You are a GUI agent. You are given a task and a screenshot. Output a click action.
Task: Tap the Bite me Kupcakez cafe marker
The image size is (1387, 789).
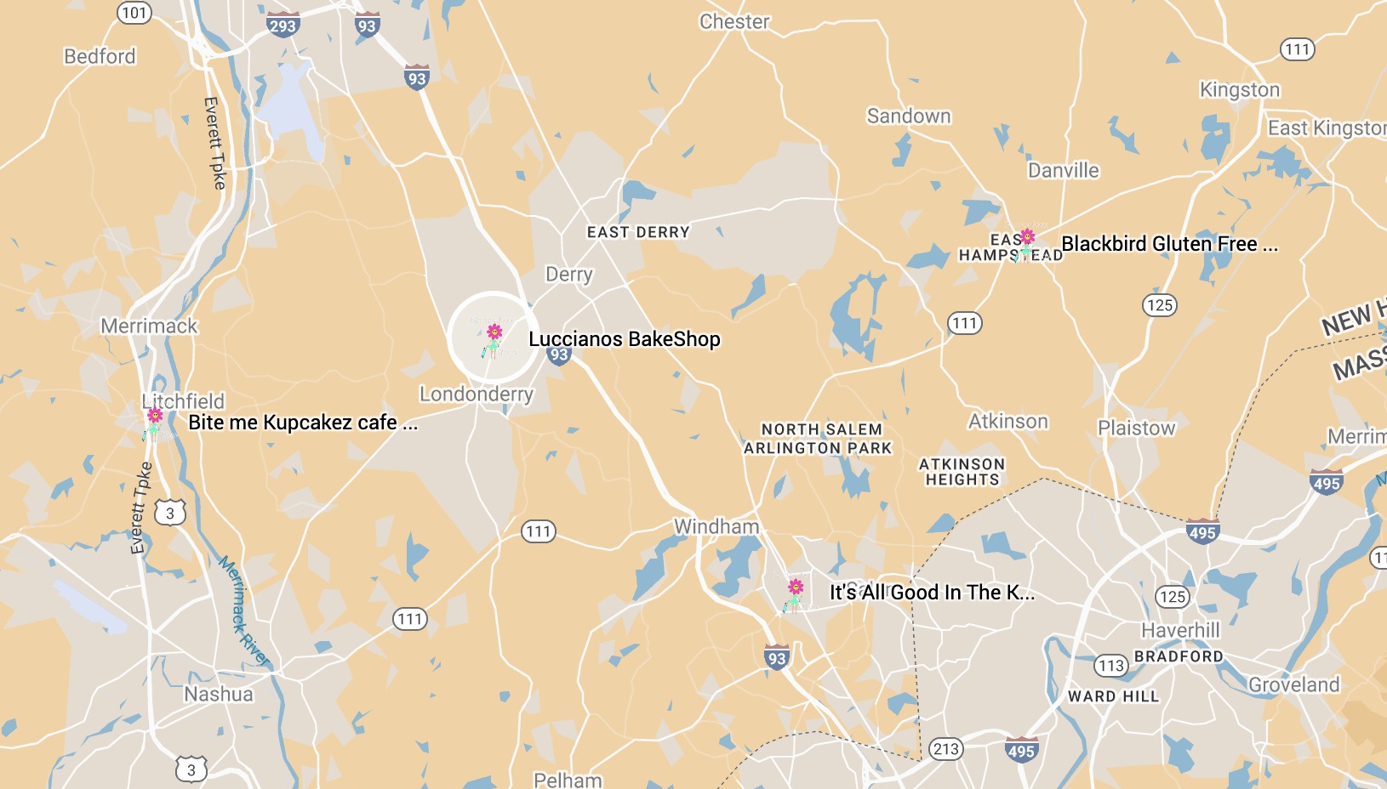click(154, 421)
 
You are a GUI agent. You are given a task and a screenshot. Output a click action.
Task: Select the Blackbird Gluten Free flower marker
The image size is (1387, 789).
click(1026, 242)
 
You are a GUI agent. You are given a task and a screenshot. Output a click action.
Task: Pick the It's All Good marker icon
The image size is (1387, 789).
click(795, 593)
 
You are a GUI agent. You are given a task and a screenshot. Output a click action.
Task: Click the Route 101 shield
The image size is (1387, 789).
click(134, 13)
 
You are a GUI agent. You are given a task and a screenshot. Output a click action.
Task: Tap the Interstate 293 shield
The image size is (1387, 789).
click(282, 25)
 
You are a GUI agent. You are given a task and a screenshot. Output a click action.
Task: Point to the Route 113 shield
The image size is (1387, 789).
click(1110, 666)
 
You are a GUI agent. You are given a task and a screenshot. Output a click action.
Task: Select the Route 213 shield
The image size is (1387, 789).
click(946, 749)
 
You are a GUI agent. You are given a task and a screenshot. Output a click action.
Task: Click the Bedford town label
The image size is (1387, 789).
click(100, 56)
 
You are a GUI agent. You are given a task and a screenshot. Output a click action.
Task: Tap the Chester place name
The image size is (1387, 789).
click(734, 22)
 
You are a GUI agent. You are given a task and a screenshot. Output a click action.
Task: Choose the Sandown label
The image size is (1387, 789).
click(909, 116)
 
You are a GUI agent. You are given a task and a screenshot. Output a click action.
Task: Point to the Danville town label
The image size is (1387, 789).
click(1063, 170)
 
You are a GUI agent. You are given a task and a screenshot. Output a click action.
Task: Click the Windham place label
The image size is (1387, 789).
click(716, 526)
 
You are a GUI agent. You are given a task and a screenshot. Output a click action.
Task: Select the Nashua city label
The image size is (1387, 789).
click(219, 694)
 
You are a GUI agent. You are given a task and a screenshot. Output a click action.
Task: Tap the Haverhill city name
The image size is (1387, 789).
click(1180, 630)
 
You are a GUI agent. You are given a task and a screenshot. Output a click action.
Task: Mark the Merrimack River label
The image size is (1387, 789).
click(243, 610)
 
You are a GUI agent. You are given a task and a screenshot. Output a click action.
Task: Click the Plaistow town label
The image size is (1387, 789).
click(1136, 428)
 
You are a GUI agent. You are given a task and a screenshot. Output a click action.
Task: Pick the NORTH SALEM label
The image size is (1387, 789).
click(821, 429)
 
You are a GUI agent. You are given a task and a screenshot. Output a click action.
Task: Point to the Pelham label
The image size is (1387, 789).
click(568, 780)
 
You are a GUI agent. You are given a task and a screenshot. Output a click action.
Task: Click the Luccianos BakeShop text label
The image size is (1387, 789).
click(624, 339)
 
